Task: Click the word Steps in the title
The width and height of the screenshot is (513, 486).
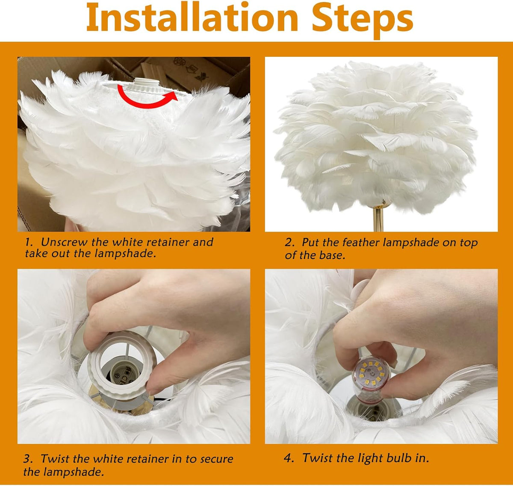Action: (x=362, y=21)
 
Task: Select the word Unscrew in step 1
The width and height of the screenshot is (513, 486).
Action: (x=64, y=242)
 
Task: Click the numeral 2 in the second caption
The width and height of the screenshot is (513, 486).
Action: (x=289, y=243)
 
